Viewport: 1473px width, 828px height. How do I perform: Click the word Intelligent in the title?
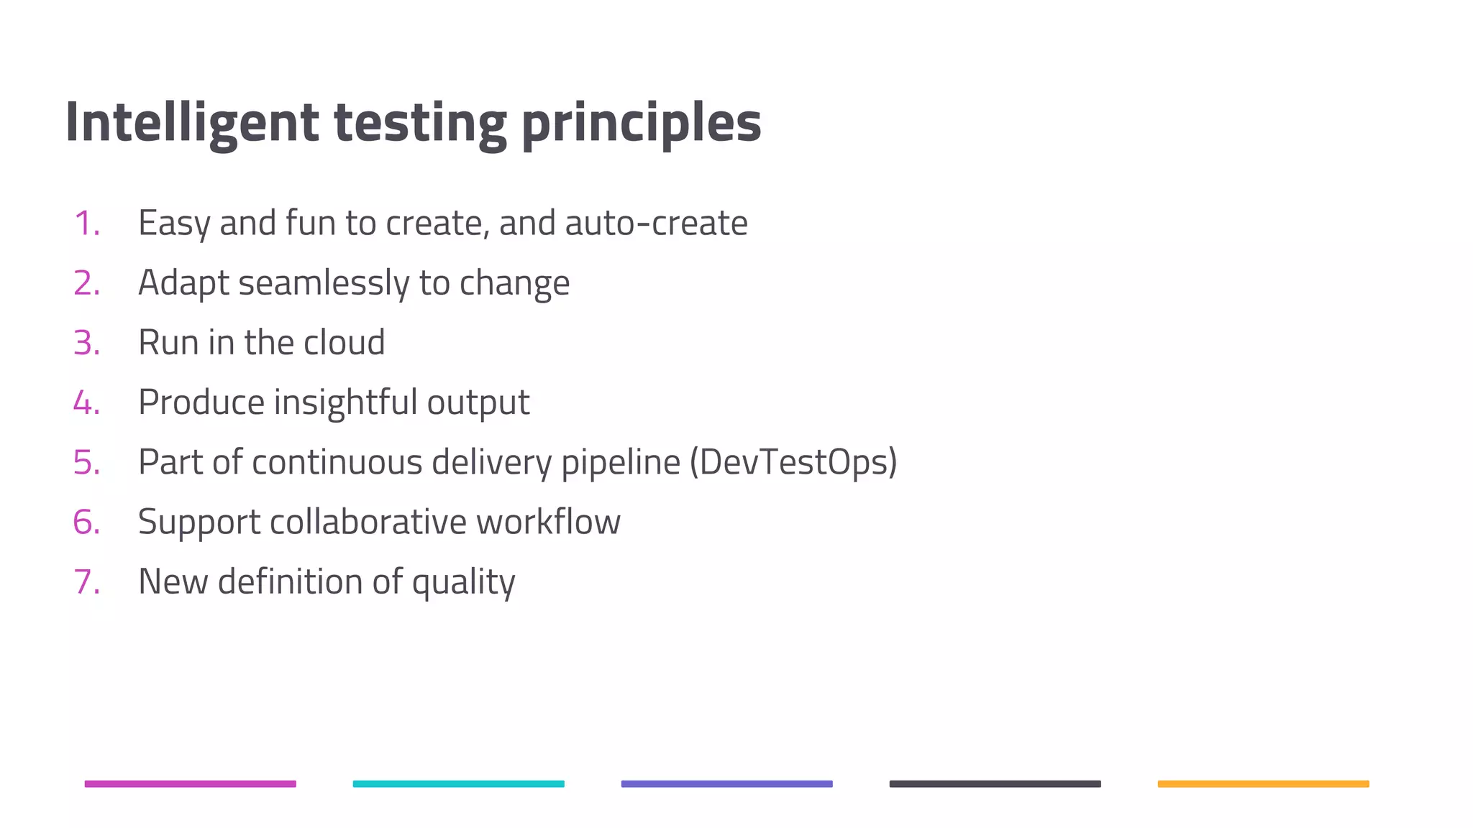[x=191, y=122]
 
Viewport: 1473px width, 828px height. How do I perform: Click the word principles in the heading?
[x=641, y=122]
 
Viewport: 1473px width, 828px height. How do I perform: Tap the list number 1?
[x=86, y=224]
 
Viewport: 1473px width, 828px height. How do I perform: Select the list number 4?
[x=86, y=402]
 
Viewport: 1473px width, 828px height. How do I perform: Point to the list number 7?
[x=86, y=581]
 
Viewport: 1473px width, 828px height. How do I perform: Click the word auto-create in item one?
[x=656, y=224]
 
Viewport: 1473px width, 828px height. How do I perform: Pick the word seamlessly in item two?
[x=324, y=283]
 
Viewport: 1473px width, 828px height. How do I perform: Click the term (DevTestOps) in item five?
[x=793, y=462]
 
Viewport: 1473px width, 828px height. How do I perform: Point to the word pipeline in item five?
[x=620, y=462]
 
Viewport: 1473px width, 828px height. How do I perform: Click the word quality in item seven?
[x=463, y=581]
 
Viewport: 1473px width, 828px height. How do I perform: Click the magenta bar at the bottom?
[x=191, y=784]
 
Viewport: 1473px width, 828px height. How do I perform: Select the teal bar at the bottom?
[x=459, y=784]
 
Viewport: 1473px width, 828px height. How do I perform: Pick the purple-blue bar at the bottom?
[x=727, y=784]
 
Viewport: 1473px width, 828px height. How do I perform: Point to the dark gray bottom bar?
[x=995, y=784]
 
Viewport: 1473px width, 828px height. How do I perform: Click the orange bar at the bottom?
[x=1264, y=784]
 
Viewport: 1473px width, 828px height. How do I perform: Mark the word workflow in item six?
[x=548, y=522]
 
